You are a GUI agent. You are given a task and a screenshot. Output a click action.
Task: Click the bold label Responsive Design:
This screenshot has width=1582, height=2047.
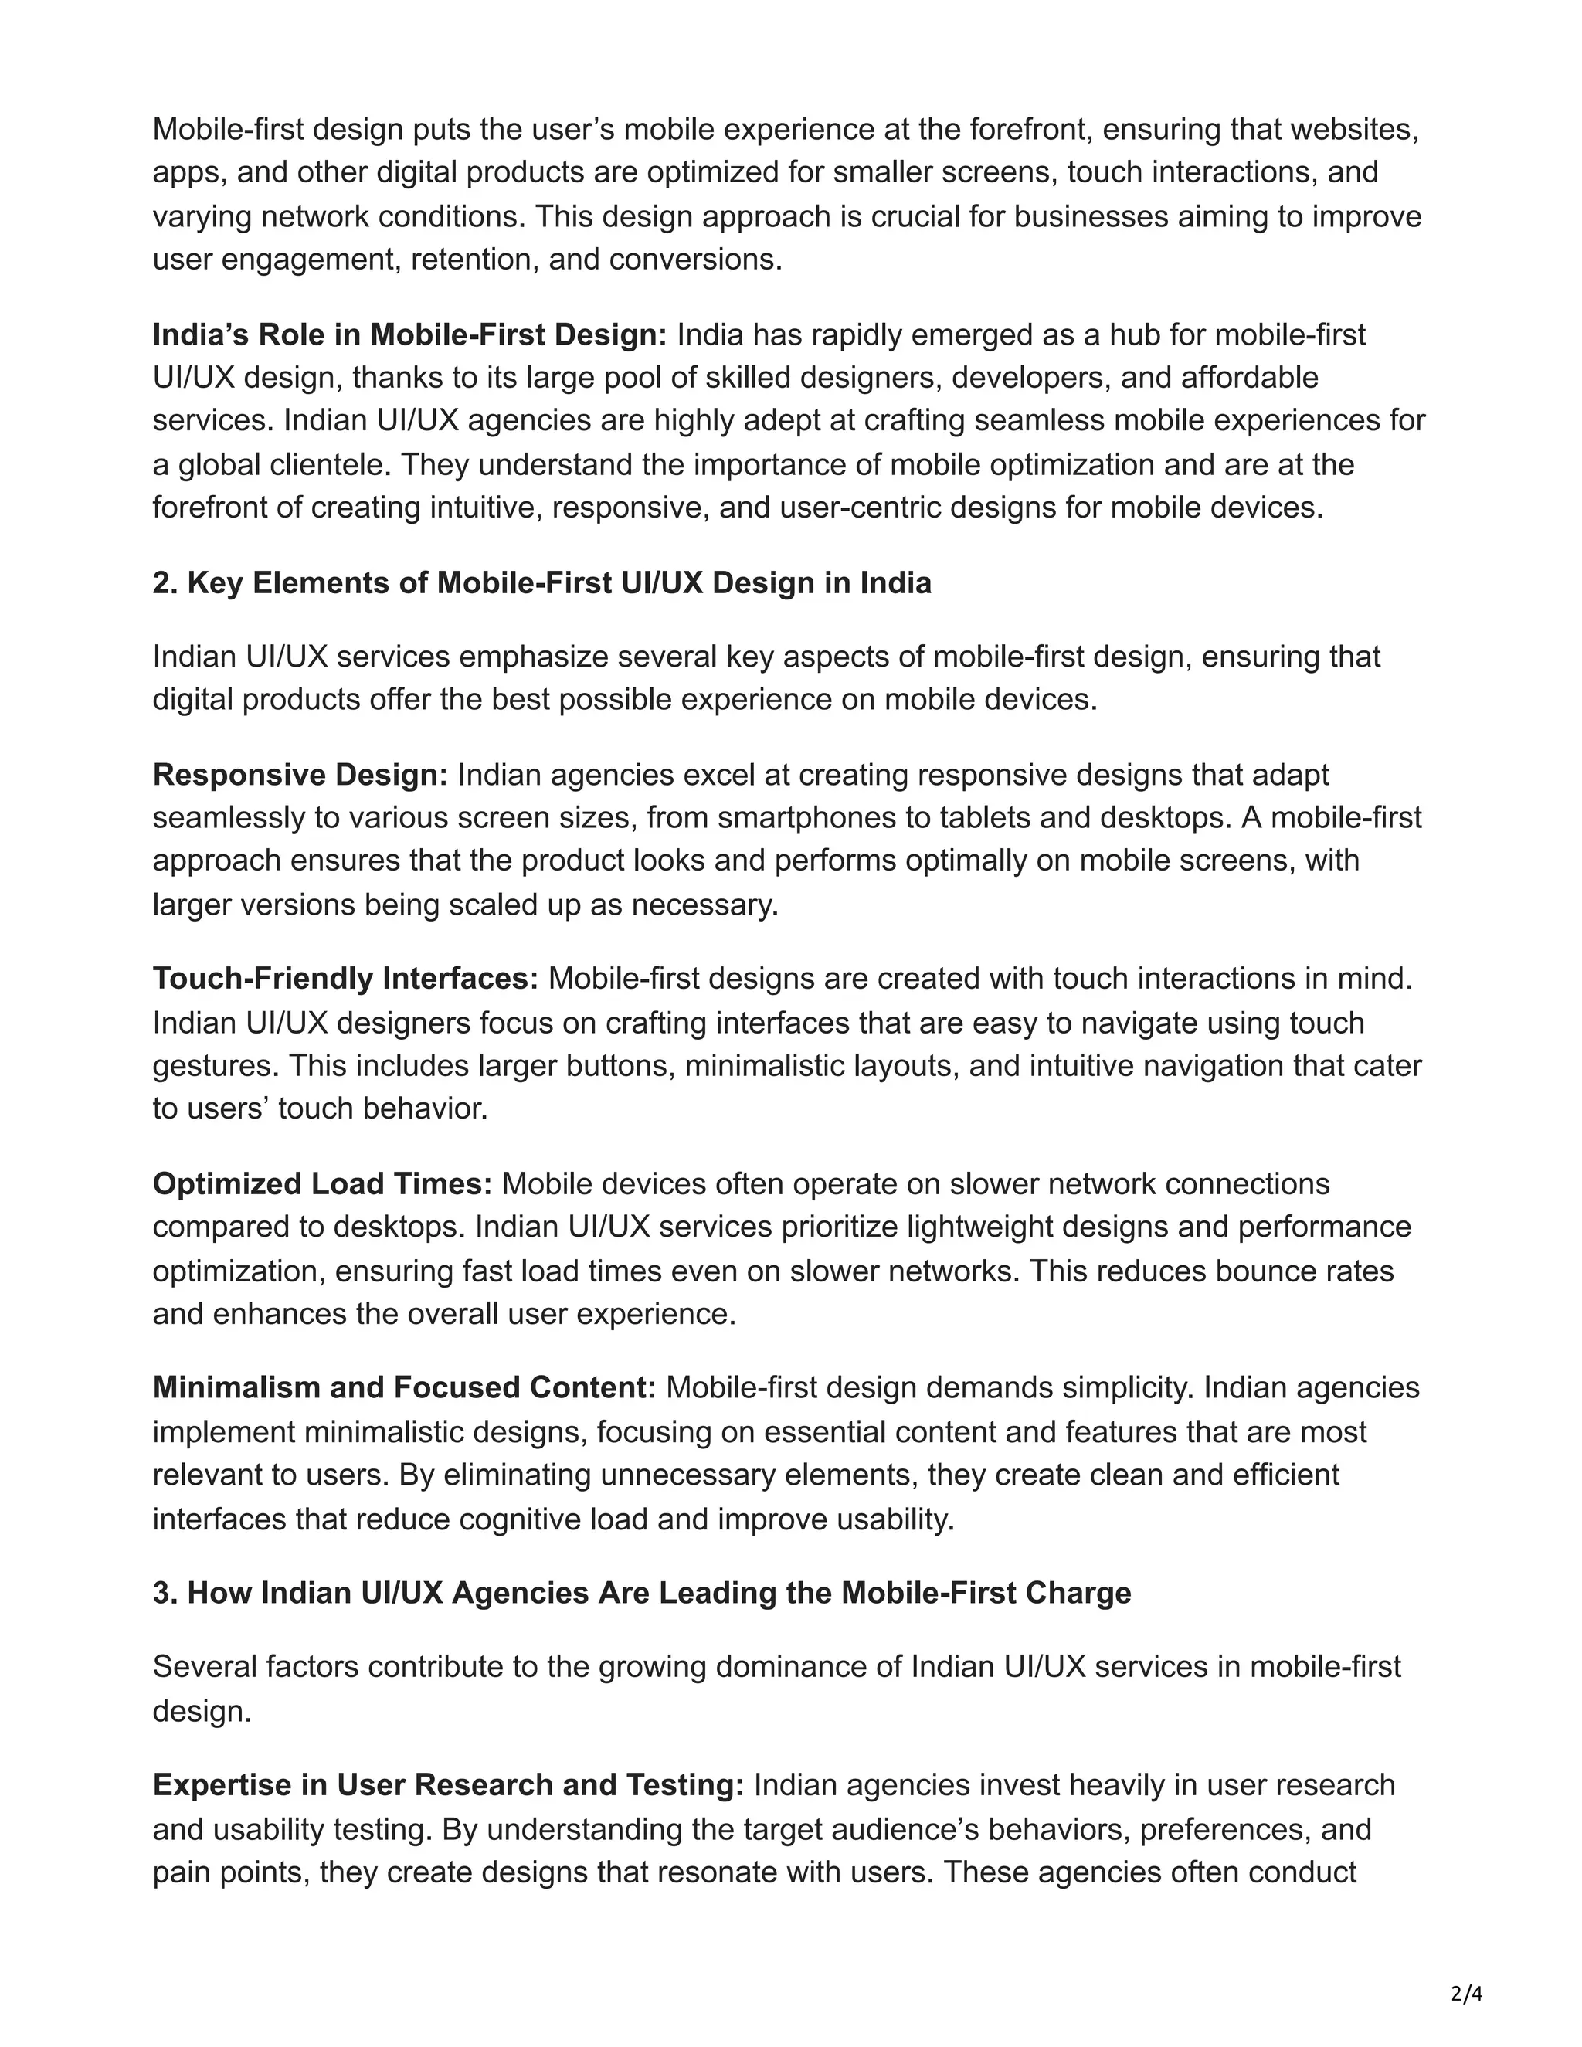300,775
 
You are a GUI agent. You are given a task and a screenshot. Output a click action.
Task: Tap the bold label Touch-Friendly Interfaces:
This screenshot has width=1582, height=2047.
345,979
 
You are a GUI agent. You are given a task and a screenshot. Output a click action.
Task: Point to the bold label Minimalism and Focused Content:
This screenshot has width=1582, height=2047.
404,1387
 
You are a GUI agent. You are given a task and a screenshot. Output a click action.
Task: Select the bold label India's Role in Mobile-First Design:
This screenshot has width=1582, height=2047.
409,334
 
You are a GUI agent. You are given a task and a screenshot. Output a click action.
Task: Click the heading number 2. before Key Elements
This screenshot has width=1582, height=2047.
166,583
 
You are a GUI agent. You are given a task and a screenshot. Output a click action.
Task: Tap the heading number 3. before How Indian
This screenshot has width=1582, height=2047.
166,1594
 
